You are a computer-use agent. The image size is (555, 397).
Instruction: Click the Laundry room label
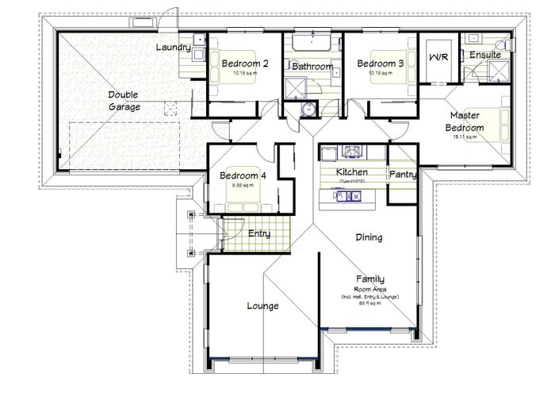tap(172, 48)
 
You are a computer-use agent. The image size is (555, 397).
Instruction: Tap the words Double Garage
tap(124, 100)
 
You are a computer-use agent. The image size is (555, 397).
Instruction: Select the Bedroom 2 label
tap(245, 64)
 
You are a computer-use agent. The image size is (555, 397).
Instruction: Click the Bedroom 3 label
tap(380, 64)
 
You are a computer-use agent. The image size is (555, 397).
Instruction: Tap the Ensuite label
tap(484, 55)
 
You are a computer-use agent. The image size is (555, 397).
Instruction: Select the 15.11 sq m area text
tap(464, 137)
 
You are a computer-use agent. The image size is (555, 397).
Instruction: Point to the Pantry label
tap(403, 174)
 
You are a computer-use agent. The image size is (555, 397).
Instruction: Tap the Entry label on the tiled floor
tap(259, 233)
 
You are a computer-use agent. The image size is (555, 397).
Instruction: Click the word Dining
tap(369, 237)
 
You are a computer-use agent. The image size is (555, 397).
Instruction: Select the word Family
tap(370, 279)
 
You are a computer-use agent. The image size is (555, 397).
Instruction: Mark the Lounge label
tap(261, 305)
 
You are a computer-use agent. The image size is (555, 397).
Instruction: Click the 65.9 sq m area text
tap(370, 304)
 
